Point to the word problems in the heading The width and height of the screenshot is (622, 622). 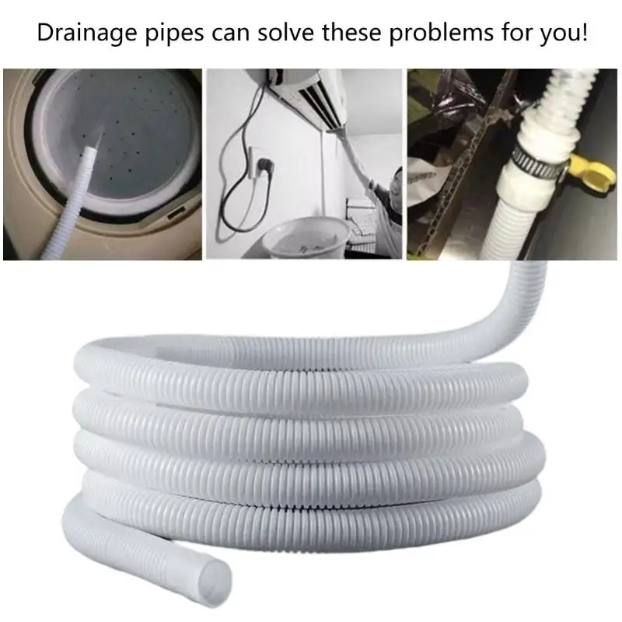click(441, 33)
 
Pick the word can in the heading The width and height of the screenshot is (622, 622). click(230, 34)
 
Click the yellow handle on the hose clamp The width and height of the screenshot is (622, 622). click(590, 173)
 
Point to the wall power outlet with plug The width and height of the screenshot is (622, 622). click(259, 164)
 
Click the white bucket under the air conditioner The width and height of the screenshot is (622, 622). click(306, 239)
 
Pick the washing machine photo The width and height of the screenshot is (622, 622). click(103, 164)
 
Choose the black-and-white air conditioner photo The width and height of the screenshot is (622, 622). click(304, 164)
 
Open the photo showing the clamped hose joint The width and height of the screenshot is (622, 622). click(512, 164)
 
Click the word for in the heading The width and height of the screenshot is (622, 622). click(515, 32)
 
